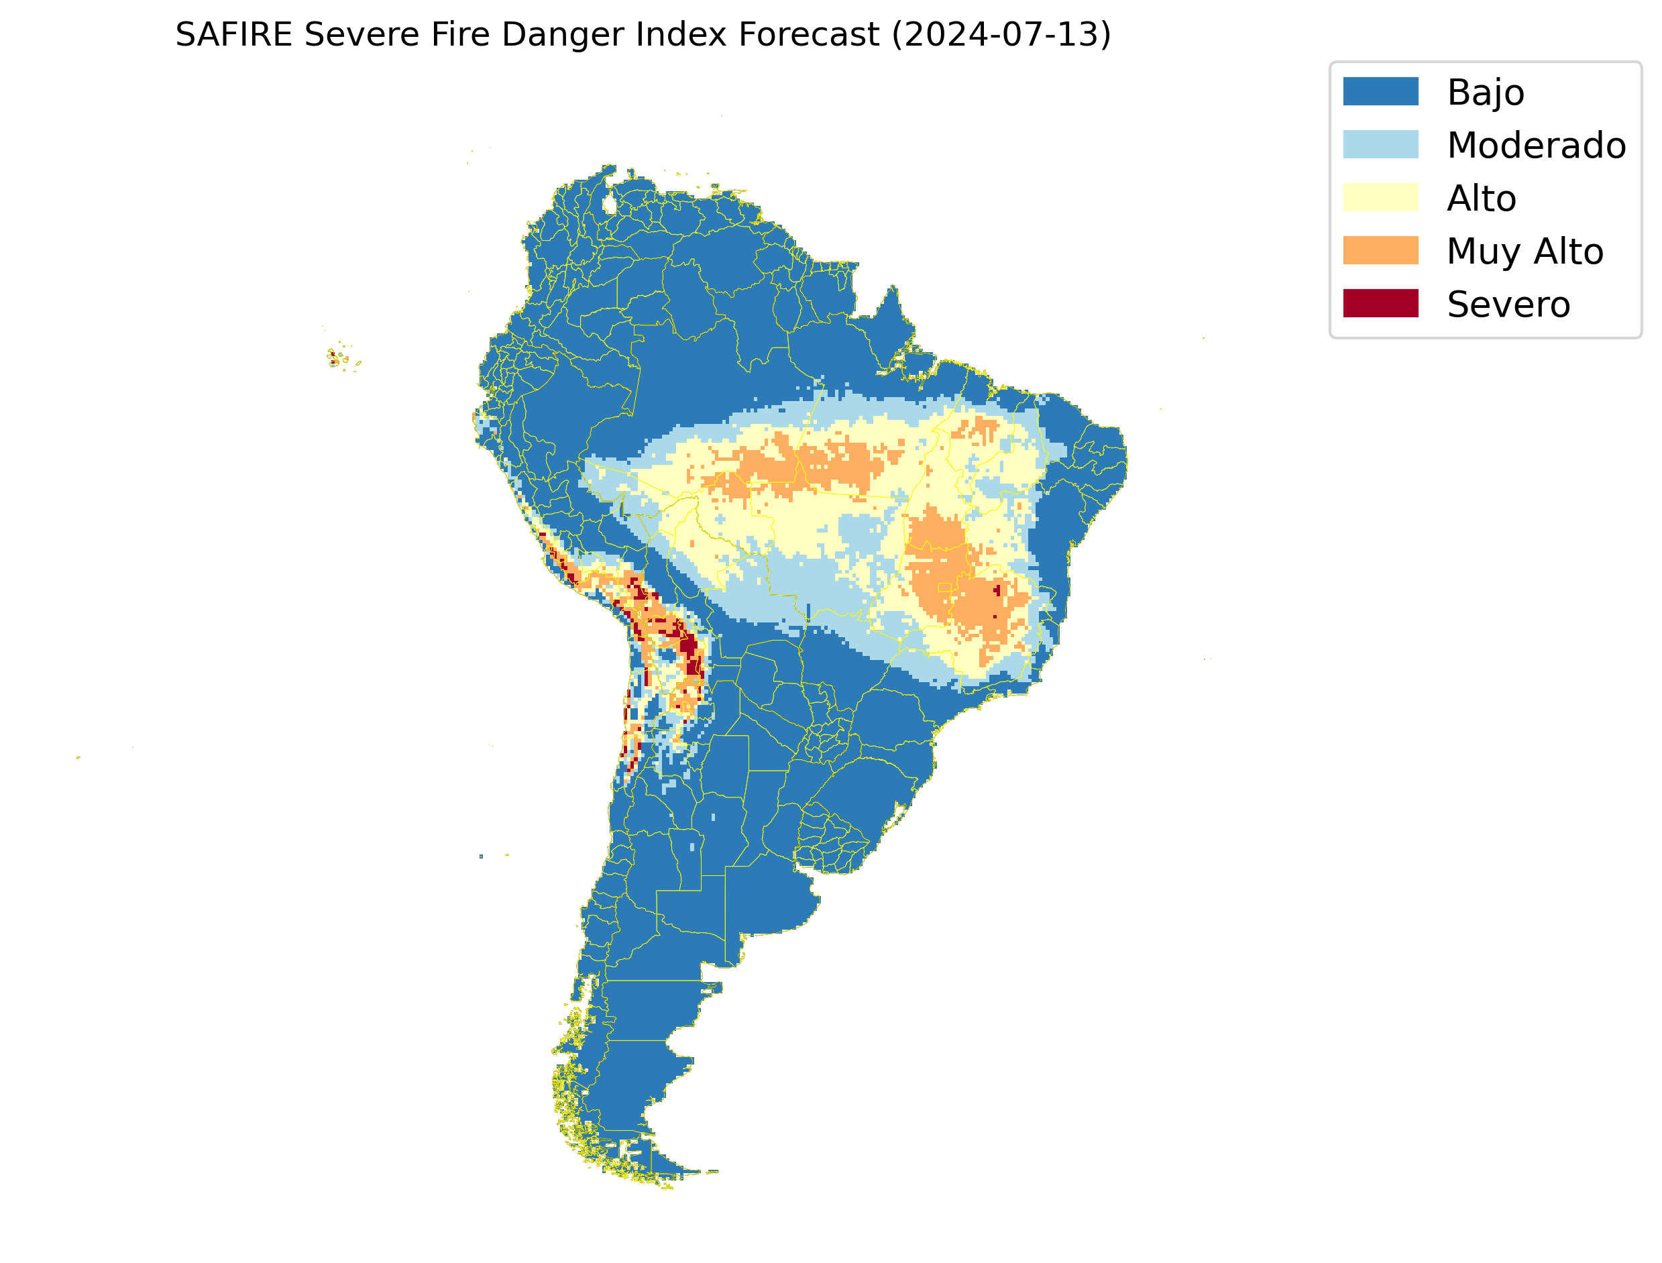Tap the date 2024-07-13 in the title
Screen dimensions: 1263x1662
(x=1001, y=35)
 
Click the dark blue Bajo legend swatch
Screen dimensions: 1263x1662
(x=1380, y=92)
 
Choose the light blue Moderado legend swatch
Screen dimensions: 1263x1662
(x=1380, y=144)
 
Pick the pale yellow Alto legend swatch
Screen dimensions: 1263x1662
(x=1380, y=198)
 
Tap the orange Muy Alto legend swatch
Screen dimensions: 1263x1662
(x=1380, y=250)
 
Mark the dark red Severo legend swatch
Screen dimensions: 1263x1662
(x=1380, y=304)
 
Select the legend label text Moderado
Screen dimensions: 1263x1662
(x=1537, y=145)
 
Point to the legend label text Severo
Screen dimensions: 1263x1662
(x=1508, y=305)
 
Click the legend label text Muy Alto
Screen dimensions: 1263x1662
(x=1525, y=252)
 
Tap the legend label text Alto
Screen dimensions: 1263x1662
(x=1481, y=199)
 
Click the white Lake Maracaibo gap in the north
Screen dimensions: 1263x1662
(x=610, y=204)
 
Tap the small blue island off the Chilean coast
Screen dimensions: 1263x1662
(x=481, y=857)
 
